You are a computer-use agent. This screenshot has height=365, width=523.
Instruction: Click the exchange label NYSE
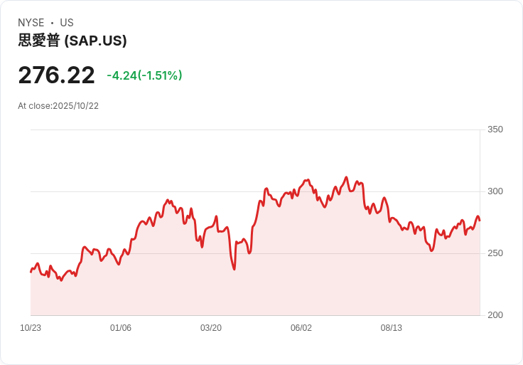coord(31,23)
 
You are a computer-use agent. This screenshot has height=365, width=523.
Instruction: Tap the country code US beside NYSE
coord(66,23)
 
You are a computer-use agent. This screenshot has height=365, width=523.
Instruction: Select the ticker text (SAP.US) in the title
coord(95,41)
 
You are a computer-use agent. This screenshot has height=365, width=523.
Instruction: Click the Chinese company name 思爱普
coord(39,41)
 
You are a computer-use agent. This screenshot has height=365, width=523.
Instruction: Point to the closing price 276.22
coord(56,75)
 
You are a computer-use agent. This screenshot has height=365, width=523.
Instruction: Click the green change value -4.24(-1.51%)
coord(144,75)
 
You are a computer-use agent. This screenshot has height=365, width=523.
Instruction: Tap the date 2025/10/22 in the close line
coord(76,106)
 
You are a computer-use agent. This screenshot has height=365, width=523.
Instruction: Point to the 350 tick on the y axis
coord(495,129)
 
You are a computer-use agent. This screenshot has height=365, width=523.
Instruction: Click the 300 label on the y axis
coord(495,191)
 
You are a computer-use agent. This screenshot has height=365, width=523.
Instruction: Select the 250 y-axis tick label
coord(495,253)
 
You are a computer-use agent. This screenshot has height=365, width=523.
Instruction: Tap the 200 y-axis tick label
coord(495,315)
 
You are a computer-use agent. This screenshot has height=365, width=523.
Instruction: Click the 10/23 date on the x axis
coord(31,328)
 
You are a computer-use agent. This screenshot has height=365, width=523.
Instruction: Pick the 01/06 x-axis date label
coord(121,328)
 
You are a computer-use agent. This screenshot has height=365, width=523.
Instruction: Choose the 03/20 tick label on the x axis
coord(211,328)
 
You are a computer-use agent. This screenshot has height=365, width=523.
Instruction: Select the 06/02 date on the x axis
coord(301,328)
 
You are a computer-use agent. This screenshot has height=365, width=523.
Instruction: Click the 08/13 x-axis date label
coord(392,328)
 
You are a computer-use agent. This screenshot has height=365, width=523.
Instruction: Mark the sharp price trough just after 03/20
coord(234,269)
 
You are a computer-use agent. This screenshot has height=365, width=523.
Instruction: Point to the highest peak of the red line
coord(346,177)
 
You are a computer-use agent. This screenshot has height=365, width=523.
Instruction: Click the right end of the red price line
coord(480,220)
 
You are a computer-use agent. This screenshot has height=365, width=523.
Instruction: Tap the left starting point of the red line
coord(31,272)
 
